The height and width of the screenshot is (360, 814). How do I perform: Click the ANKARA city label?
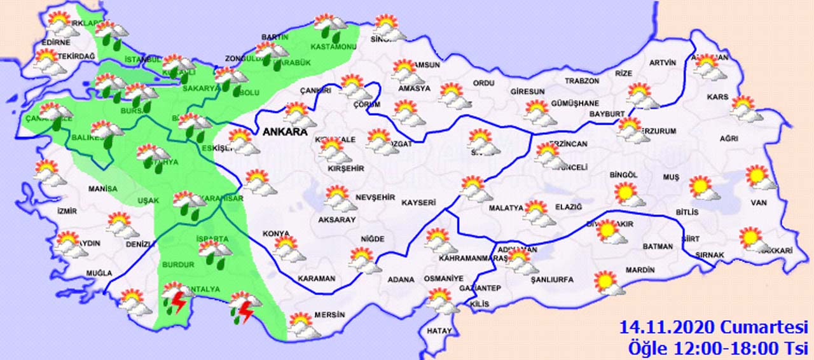pos(283,132)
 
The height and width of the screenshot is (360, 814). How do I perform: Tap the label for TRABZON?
pos(583,81)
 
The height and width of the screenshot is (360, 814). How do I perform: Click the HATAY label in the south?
pos(439,331)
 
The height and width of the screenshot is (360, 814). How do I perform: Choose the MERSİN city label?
pos(330,315)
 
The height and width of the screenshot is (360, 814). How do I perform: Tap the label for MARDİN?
pos(640,270)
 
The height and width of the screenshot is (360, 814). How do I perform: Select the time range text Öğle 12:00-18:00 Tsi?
pos(716,348)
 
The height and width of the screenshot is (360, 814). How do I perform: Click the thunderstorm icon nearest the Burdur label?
pos(175,298)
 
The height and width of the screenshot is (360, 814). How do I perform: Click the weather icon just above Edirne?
pos(60,24)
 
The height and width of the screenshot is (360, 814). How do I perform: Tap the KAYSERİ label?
pos(418,203)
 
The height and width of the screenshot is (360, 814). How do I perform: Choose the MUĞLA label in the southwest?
pos(99,273)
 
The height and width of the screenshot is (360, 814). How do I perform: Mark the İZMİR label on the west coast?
pos(67,211)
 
